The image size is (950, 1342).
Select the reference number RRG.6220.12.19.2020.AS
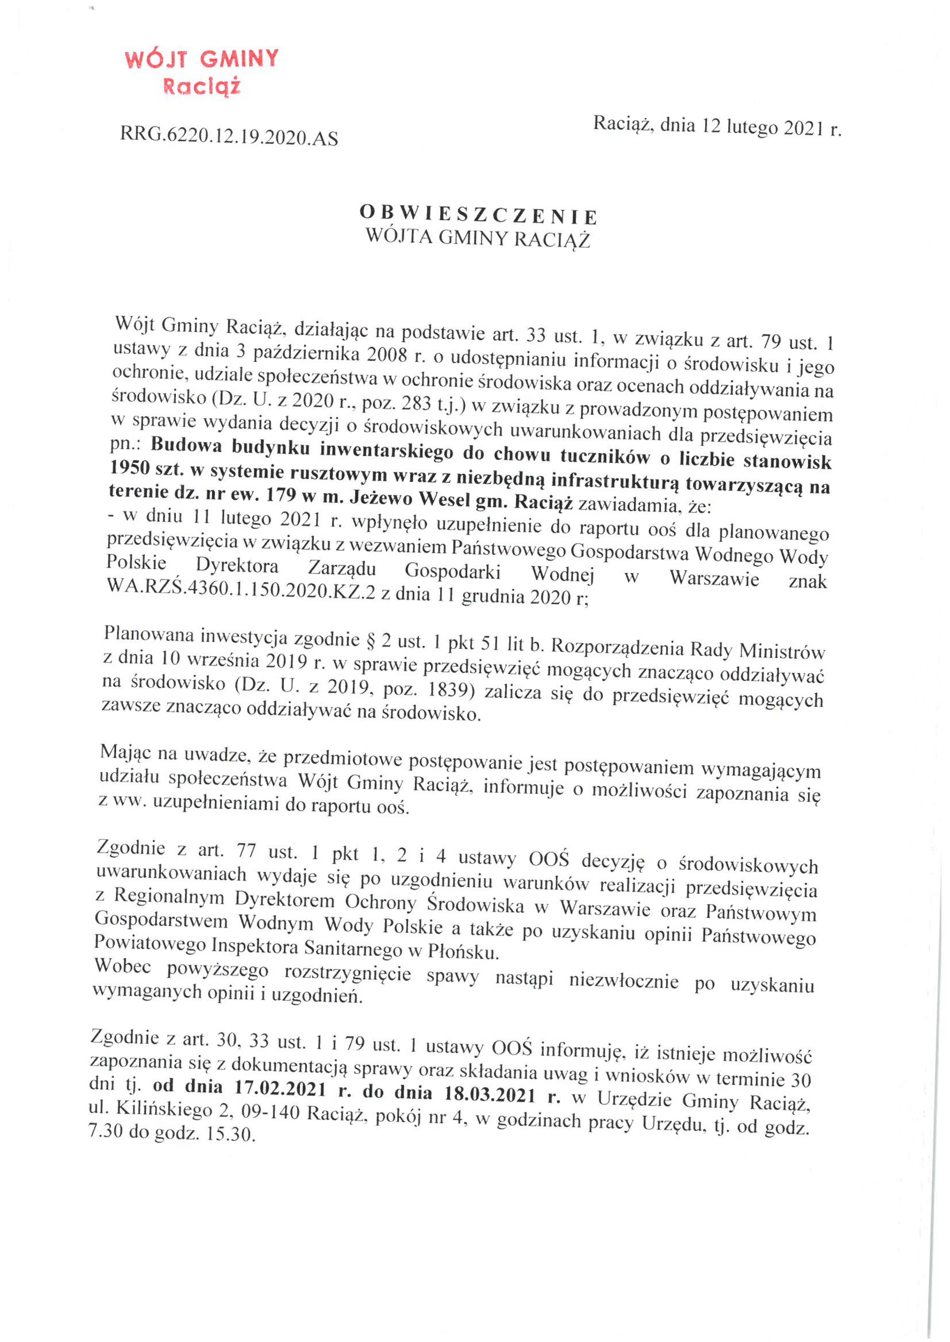[229, 137]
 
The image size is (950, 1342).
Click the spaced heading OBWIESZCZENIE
[478, 215]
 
